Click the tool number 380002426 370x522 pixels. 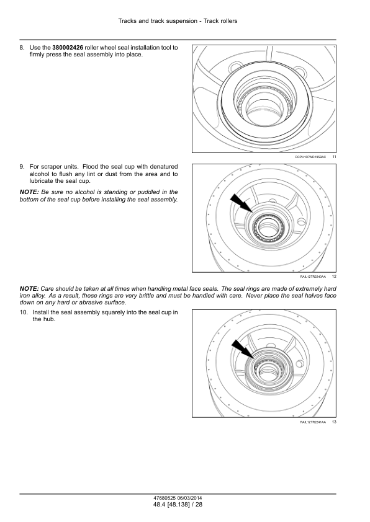point(68,48)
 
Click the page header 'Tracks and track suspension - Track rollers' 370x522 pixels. point(178,21)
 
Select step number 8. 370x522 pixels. point(22,48)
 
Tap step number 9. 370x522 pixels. point(22,166)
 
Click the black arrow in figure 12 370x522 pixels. point(241,203)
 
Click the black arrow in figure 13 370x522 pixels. point(243,349)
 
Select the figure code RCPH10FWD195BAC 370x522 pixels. point(310,157)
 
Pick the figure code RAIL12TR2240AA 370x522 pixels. point(313,276)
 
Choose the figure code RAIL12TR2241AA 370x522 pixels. point(313,422)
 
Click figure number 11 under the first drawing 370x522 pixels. point(334,157)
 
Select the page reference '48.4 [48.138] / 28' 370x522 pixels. point(178,505)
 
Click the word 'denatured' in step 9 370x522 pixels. point(164,166)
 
